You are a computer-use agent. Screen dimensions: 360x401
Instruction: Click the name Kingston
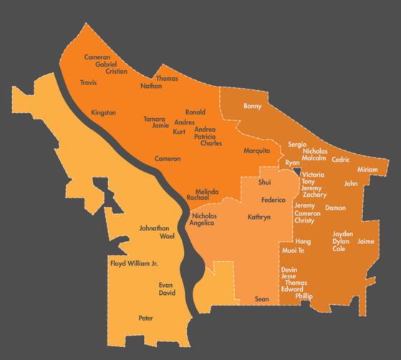(103, 113)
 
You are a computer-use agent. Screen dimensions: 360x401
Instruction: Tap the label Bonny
(253, 107)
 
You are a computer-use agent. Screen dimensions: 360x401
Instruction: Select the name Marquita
(256, 150)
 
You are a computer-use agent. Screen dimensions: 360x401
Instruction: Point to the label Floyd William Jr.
(133, 263)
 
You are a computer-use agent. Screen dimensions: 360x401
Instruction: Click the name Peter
(146, 318)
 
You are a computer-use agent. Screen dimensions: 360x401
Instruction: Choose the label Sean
(262, 299)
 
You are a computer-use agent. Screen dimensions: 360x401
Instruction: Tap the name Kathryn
(259, 216)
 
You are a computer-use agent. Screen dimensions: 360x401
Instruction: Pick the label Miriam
(367, 170)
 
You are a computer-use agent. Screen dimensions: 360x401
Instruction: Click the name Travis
(88, 83)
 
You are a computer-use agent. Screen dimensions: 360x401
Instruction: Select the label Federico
(274, 200)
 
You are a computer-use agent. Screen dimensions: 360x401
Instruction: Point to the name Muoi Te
(294, 250)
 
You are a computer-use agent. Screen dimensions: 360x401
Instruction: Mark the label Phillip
(304, 296)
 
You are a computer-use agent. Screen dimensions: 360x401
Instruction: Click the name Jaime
(366, 241)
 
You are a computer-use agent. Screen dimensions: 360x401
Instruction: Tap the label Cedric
(341, 160)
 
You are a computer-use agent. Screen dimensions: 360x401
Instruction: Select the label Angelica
(202, 223)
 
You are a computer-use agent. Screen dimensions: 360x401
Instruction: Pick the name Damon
(335, 208)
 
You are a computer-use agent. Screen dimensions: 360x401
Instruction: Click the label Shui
(264, 183)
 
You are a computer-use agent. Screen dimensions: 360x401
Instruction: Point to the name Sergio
(297, 144)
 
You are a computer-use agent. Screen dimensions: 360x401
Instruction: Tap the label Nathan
(151, 86)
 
